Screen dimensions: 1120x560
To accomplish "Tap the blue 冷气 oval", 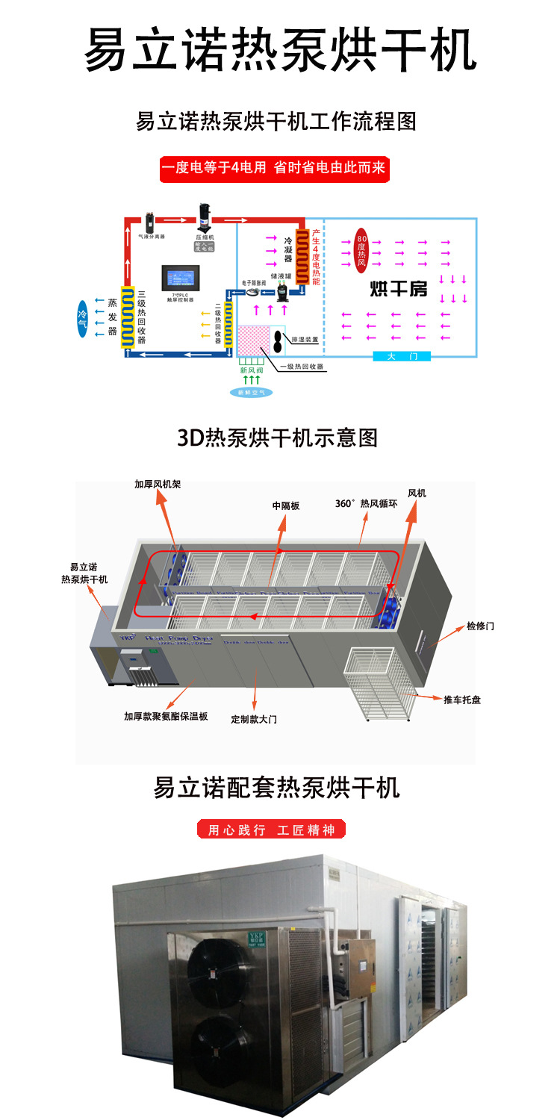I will pos(82,317).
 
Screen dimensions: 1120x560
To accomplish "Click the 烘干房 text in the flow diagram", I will pos(399,288).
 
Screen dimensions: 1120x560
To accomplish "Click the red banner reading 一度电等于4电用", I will pos(273,169).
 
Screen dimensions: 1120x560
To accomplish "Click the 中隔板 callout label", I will pos(285,505).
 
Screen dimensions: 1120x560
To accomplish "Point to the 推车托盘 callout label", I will pos(462,700).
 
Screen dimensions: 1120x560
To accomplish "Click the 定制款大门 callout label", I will pos(254,719).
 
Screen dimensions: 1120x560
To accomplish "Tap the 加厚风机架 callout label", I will pos(158,484).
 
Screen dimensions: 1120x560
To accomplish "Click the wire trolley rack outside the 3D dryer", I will pos(379,683).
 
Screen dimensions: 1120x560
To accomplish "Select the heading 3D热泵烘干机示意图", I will pos(278,437).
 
